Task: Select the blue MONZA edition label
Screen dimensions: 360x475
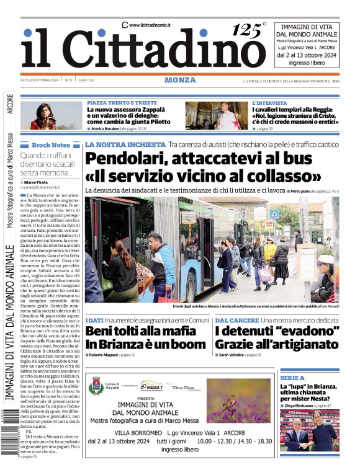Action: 180,80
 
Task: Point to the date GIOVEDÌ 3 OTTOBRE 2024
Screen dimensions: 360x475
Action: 39,80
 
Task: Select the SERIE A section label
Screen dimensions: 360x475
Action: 292,377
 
